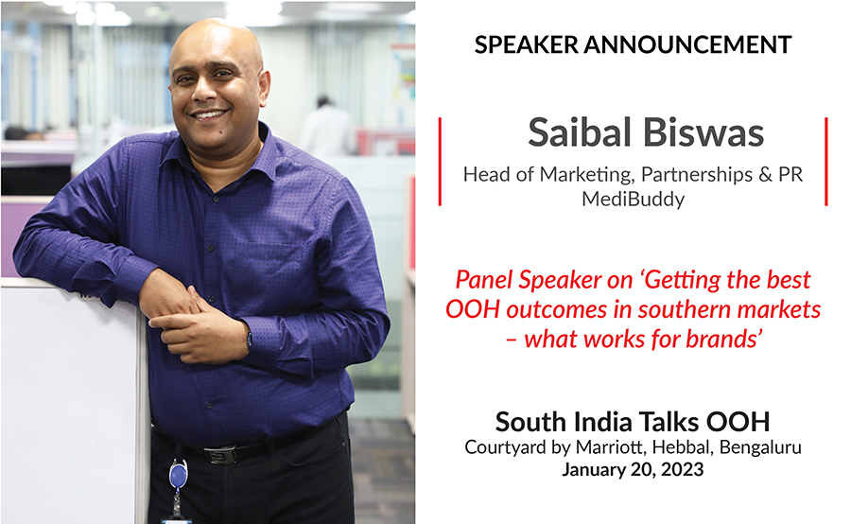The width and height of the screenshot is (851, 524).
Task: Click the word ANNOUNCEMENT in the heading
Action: (x=687, y=44)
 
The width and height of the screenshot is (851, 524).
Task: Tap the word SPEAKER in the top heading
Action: (x=527, y=44)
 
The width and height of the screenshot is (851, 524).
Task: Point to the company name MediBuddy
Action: (x=633, y=200)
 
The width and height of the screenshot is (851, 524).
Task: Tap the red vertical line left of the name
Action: (x=440, y=162)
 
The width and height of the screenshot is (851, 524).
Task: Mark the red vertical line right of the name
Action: (x=826, y=162)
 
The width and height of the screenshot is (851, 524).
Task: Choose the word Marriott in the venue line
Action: (x=610, y=446)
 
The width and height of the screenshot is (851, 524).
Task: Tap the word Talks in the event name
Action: (x=669, y=421)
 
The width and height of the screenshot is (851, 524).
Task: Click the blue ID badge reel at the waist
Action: (x=178, y=474)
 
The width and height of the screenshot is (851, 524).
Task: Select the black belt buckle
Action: (x=219, y=454)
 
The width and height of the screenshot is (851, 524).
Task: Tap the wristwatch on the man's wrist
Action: (x=249, y=340)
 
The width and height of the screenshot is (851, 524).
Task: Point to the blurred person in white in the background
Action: (x=328, y=128)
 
